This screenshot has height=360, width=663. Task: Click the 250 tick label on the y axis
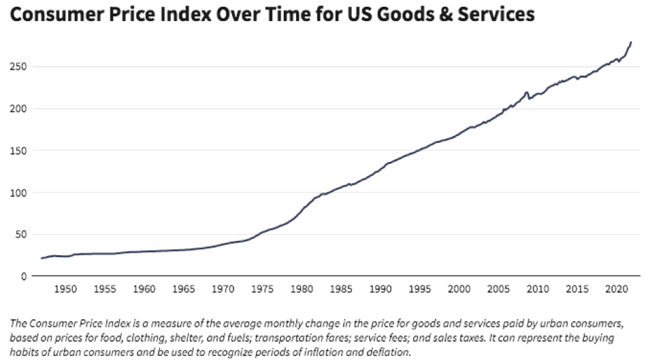[x=18, y=66]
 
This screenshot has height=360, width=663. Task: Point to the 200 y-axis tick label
[x=18, y=109]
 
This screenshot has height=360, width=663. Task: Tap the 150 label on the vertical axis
[x=18, y=150]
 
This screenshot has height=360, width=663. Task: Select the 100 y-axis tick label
[x=18, y=193]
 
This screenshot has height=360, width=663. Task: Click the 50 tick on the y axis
[x=20, y=234]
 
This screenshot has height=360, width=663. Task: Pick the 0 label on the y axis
[x=24, y=276]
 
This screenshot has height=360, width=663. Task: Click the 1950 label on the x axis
[x=65, y=289]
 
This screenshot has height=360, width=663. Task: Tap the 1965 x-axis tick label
[x=184, y=289]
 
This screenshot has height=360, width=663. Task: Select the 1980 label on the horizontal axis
[x=302, y=289]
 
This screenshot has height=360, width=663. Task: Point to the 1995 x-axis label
[x=419, y=289]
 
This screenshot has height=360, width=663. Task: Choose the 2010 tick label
[x=538, y=289]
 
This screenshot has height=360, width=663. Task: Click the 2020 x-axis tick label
[x=617, y=289]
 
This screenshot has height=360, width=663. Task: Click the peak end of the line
[x=631, y=42]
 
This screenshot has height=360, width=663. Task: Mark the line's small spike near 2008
[x=526, y=92]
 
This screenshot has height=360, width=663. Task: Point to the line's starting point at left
[x=42, y=258]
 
